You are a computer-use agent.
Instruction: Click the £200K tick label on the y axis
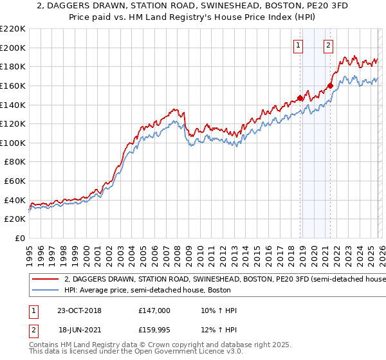[13, 48]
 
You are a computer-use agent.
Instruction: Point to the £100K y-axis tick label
[13, 143]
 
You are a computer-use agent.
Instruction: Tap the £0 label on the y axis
[19, 238]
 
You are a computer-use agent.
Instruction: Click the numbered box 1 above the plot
[299, 45]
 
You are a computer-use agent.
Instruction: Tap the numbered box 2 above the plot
[329, 45]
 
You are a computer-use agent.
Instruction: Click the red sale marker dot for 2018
[300, 98]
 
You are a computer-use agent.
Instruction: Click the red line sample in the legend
[45, 280]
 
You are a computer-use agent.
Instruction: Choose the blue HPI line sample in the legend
[45, 291]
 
